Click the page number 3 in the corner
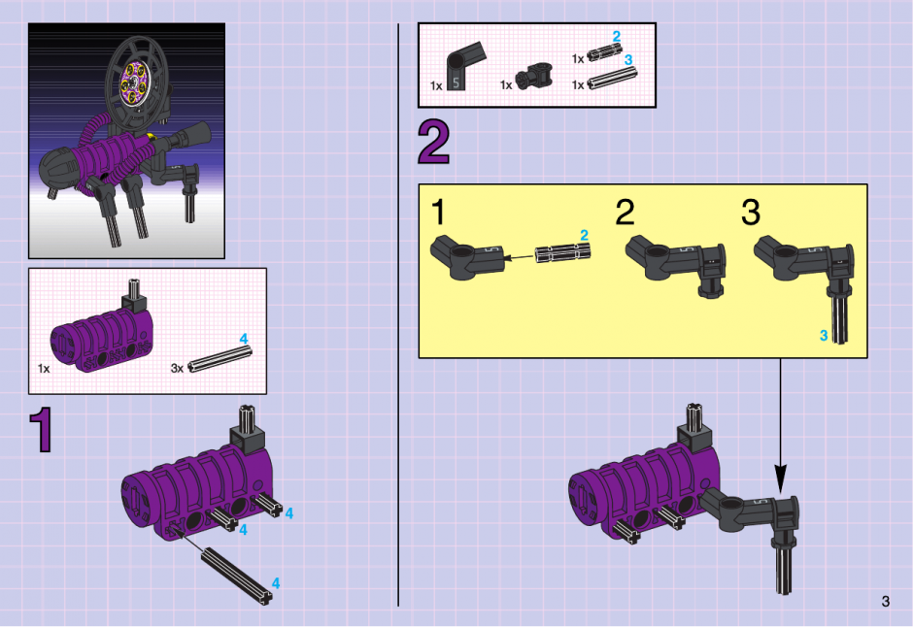click(886, 602)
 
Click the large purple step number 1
click(42, 429)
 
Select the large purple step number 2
click(434, 143)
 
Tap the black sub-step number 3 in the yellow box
click(751, 212)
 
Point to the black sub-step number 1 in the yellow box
click(438, 212)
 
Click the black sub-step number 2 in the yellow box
click(625, 212)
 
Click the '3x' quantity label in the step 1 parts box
click(177, 368)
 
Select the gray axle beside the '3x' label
click(220, 359)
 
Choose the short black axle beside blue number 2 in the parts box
click(605, 53)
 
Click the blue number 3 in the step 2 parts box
click(628, 60)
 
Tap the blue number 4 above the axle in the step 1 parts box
click(244, 339)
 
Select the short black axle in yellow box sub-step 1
click(563, 253)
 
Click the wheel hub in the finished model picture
click(134, 84)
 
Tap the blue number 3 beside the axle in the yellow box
click(824, 336)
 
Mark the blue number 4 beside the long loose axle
click(276, 583)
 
